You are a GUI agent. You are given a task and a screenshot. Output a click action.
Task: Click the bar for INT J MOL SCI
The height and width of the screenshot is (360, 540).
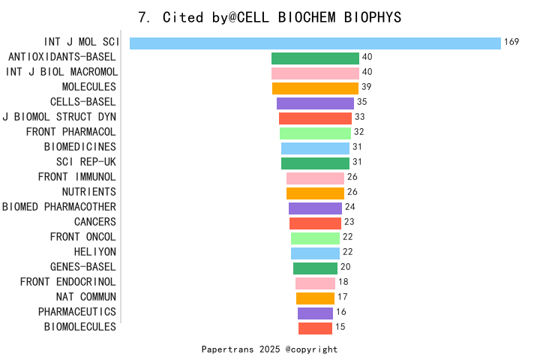(x=315, y=43)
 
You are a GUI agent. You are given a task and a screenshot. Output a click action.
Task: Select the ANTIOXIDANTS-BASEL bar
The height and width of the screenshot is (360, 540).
(x=315, y=58)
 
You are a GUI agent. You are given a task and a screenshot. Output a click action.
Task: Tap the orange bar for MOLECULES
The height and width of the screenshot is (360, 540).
(x=315, y=88)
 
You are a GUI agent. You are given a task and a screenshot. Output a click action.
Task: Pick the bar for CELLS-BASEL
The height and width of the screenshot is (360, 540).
(x=315, y=103)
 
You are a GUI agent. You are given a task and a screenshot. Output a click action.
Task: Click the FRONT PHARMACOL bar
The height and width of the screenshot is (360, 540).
(x=315, y=133)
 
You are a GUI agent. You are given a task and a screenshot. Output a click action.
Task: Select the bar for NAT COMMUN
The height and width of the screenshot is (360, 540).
(x=315, y=298)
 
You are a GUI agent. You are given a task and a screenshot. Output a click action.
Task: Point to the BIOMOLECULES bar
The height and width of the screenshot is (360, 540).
(x=315, y=328)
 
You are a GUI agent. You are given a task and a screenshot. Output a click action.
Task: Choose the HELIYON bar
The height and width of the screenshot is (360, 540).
(x=315, y=253)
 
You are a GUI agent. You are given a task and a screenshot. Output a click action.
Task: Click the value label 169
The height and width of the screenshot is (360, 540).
(x=511, y=42)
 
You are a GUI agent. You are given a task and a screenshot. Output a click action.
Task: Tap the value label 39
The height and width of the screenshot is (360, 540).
(x=367, y=87)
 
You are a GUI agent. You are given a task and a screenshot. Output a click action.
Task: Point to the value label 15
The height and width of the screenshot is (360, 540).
(x=340, y=327)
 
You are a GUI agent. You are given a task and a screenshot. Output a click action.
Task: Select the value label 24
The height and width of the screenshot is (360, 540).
(x=349, y=207)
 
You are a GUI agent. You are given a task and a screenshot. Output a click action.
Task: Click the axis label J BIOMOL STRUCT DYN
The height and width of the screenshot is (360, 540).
(x=59, y=117)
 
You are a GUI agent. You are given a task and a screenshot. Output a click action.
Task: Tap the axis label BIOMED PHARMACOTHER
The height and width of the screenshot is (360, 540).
(x=59, y=207)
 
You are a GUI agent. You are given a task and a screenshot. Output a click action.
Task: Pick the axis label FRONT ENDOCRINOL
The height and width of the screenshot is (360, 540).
(x=68, y=282)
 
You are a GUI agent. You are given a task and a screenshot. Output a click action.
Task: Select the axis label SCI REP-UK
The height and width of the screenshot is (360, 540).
(x=86, y=162)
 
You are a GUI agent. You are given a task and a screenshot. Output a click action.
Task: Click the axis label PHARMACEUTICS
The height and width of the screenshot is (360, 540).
(x=77, y=312)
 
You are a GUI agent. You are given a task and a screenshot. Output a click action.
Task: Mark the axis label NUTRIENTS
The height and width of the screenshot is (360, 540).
(x=89, y=192)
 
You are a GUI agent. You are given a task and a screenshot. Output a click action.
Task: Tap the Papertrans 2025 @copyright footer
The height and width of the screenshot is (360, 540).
(x=270, y=349)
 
